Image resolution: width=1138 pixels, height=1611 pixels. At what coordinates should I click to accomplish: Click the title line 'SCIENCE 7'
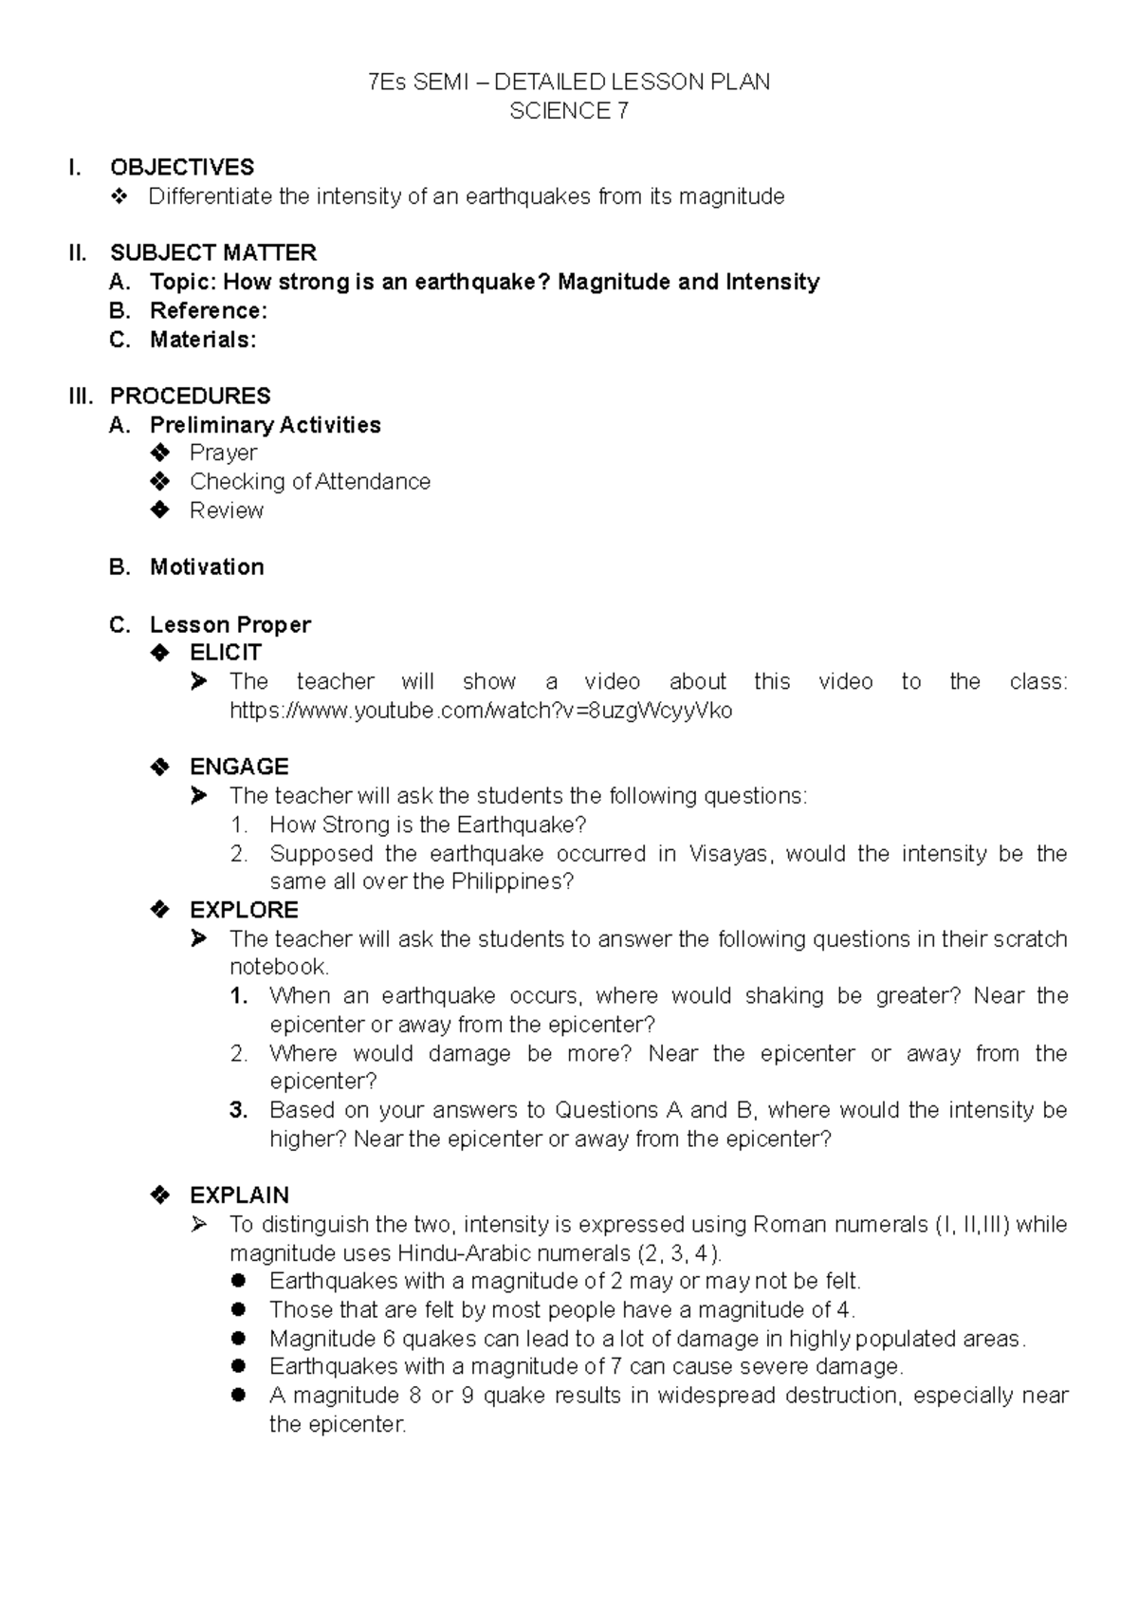coord(568,111)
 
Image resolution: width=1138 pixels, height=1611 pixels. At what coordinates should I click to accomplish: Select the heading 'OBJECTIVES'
coord(182,167)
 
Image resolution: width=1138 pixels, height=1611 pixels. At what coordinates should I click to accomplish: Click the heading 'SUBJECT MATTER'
coord(213,252)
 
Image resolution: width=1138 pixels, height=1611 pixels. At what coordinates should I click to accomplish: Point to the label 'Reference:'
coord(209,310)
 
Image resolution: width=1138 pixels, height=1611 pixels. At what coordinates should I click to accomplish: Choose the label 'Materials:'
coord(203,340)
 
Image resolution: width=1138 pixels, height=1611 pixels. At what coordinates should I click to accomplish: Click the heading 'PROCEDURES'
coord(191,396)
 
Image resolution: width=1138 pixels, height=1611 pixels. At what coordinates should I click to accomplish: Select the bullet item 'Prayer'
coord(223,453)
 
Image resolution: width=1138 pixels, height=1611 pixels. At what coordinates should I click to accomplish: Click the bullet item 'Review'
coord(227,510)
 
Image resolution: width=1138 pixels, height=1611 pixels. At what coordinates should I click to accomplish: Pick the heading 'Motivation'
coord(207,566)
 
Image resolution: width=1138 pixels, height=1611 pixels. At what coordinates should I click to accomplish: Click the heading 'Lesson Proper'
coord(230,624)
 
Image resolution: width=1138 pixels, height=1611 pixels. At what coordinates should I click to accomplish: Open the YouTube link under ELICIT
coord(481,711)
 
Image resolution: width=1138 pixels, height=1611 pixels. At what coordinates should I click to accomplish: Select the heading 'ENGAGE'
coord(239,767)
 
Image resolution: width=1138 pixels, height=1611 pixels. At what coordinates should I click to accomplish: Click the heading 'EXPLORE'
coord(244,910)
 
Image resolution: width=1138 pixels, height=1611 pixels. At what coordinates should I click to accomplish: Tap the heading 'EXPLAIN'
coord(239,1195)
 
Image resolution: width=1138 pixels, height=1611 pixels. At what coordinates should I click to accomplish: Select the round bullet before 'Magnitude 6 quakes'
coord(239,1339)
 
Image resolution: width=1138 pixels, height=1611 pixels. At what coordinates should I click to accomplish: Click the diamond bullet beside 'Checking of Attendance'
coord(159,481)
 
